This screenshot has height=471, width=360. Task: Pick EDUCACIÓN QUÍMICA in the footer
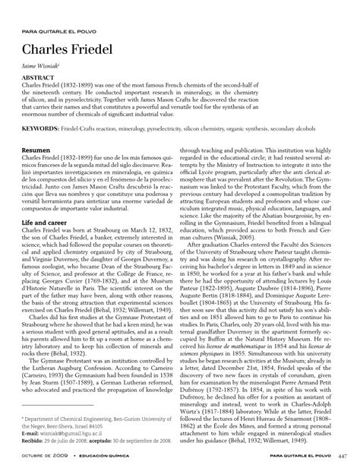pyautogui.click(x=100, y=454)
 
